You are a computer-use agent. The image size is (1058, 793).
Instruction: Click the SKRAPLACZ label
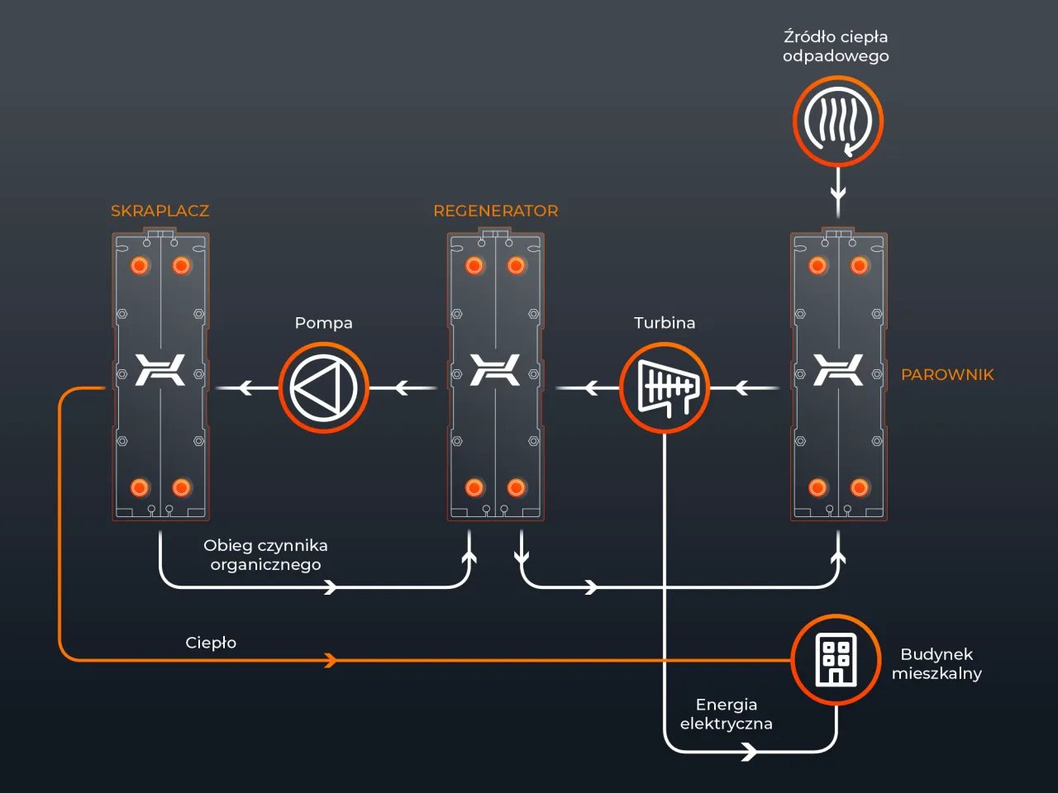coord(160,211)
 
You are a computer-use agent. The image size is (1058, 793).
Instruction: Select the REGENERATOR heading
coord(495,211)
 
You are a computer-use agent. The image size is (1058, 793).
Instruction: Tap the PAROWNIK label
coord(947,374)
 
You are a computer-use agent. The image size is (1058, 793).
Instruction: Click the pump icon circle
coord(323,387)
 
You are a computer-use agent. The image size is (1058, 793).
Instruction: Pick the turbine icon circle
coord(664,387)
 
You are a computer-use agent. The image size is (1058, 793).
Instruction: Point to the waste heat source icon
coord(838,121)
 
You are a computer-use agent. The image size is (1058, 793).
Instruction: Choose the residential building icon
coord(836,659)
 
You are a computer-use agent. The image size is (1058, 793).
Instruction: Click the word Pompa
coord(323,323)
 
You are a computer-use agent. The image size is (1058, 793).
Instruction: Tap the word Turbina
coord(664,323)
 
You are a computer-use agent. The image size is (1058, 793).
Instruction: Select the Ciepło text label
coord(211,643)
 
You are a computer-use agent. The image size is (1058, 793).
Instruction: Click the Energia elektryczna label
coord(726,714)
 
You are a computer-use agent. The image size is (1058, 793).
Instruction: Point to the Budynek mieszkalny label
coord(936,663)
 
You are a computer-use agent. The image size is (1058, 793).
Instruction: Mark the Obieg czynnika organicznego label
coord(265,555)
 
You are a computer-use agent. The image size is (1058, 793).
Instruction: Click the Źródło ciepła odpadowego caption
coord(836,46)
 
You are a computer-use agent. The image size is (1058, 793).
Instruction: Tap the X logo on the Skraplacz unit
coord(160,369)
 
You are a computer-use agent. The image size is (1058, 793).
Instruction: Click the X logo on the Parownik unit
coord(838,369)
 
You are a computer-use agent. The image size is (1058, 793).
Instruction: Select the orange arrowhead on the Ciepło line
coord(331,660)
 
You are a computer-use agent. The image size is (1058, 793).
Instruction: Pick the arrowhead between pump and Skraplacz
coord(245,387)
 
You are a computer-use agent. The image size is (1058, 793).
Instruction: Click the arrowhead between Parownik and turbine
coord(741,387)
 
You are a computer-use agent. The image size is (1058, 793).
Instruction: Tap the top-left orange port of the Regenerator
coord(474,265)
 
